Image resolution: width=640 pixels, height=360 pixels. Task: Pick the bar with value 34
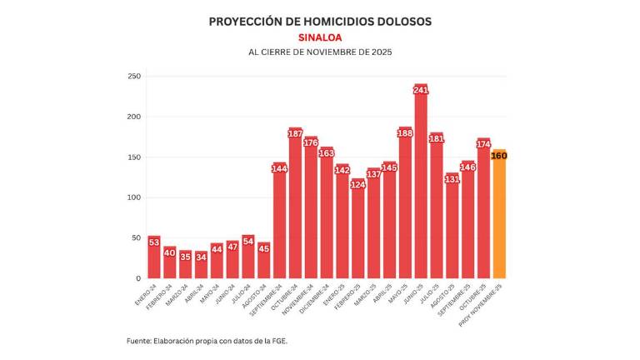pos(201,267)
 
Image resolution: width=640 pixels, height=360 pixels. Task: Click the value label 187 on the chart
pos(295,134)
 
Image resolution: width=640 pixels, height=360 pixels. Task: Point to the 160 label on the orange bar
pos(499,156)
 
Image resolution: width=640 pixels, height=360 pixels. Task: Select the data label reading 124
pos(357,184)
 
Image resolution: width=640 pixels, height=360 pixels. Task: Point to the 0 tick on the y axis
pos(137,278)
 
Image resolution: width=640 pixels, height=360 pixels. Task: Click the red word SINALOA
pos(320,37)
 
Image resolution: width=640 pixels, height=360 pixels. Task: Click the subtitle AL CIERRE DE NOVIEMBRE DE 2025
pos(320,52)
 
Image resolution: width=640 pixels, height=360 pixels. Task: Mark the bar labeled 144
pos(279,225)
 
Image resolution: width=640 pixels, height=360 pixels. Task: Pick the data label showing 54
pos(248,241)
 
